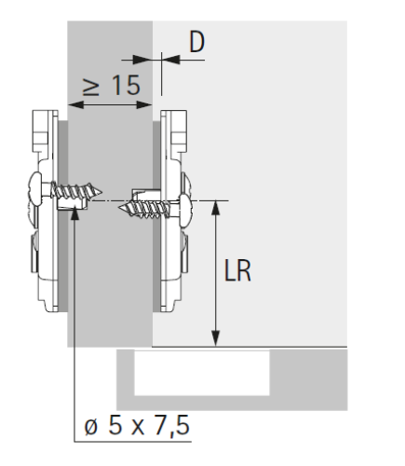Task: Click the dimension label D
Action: tap(197, 42)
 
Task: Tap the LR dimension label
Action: tap(237, 270)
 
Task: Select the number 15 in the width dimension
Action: tap(126, 85)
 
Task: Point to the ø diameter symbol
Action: tap(91, 427)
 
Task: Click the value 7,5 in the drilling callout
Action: tap(171, 426)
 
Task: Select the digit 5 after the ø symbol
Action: tap(115, 426)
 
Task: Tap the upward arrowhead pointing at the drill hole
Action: tap(74, 214)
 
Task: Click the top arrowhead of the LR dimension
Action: tap(216, 208)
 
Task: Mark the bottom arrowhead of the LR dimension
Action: tap(216, 339)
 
